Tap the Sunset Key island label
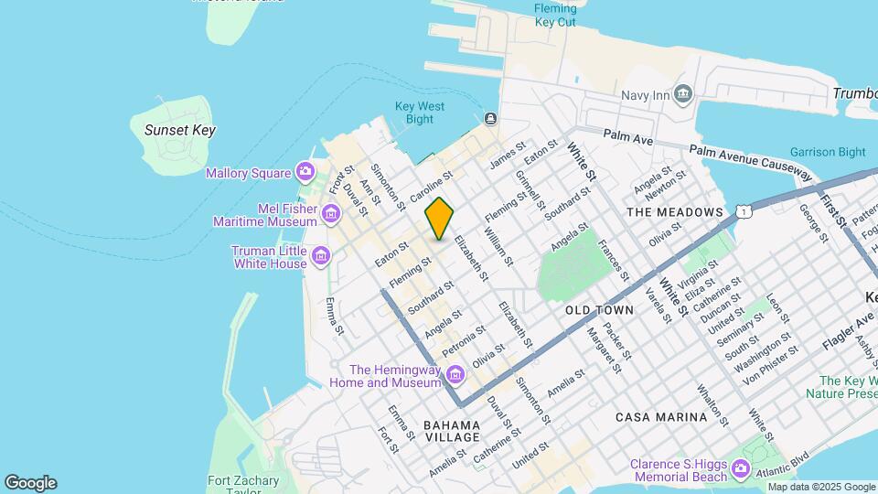point(180,130)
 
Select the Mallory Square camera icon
point(305,172)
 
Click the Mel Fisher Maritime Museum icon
point(330,214)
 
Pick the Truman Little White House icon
point(320,256)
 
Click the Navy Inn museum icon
point(682,94)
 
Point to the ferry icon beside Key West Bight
point(491,119)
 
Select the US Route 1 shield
point(745,211)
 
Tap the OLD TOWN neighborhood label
point(599,310)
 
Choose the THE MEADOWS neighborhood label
point(675,212)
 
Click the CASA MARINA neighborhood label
point(660,417)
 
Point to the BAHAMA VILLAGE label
point(452,431)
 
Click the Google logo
point(30,483)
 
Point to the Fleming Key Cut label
point(555,16)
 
